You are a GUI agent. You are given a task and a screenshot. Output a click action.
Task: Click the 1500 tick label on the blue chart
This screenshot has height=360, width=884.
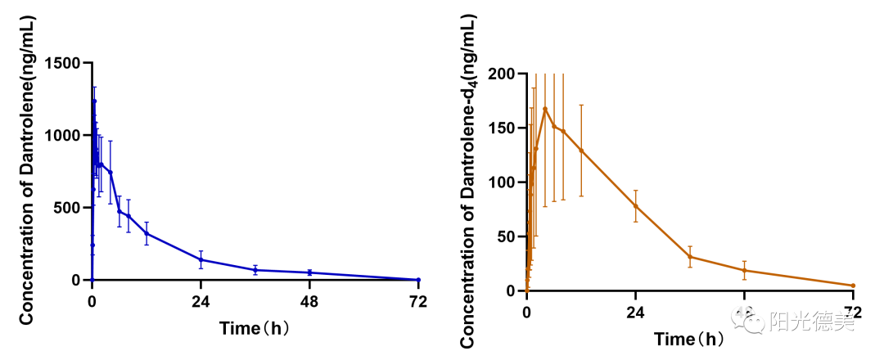[x=66, y=64]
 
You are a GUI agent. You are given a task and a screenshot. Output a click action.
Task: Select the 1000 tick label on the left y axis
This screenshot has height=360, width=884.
[x=66, y=136]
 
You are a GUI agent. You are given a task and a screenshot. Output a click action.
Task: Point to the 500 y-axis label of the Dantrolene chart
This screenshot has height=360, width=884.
[x=71, y=208]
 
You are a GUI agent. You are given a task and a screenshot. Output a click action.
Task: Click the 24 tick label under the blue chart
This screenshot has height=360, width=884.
[x=201, y=300]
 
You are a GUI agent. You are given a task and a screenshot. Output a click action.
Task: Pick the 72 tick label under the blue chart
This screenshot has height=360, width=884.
[x=418, y=300]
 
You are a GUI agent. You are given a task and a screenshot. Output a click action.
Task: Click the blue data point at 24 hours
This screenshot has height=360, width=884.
[x=201, y=259]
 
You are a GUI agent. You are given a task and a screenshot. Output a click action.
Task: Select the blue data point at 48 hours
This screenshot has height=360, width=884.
[x=309, y=272]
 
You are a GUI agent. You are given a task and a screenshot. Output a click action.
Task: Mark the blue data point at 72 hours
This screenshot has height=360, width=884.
[x=418, y=280]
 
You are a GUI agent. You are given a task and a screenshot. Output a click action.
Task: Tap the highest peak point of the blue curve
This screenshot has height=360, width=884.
[x=94, y=101]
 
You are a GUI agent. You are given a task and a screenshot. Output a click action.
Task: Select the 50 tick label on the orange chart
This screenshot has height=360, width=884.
[x=506, y=236]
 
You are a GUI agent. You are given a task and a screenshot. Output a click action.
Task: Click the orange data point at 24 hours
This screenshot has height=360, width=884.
[x=635, y=205]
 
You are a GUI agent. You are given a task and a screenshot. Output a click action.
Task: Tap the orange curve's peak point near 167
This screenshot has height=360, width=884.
[x=545, y=109]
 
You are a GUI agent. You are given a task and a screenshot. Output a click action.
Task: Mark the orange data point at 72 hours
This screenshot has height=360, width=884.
[x=853, y=286]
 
